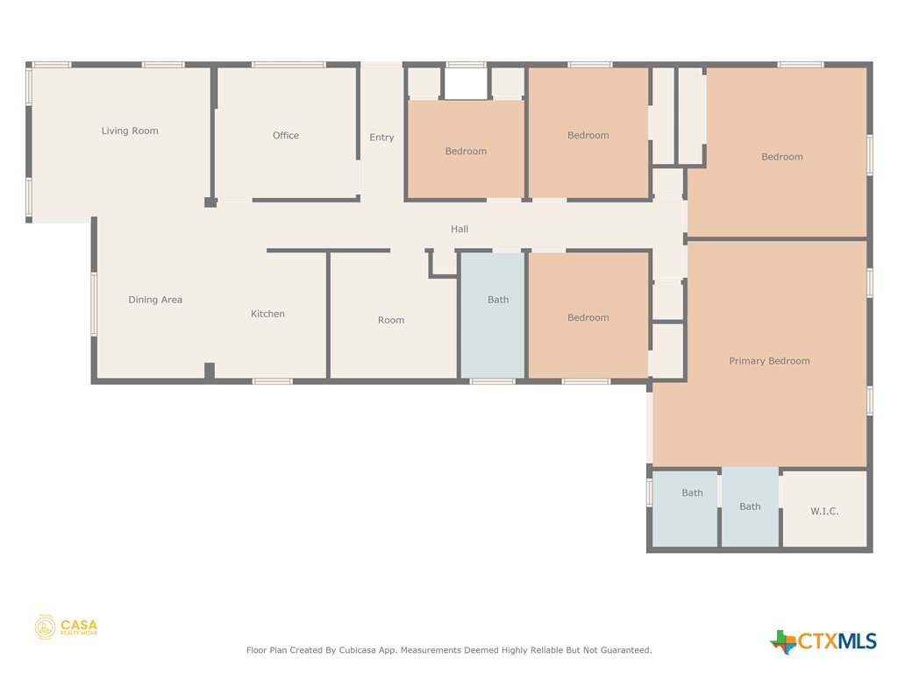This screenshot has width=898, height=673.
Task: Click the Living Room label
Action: (130, 131)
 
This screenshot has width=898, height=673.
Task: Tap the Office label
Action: (286, 136)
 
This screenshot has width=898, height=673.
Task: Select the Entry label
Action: (382, 138)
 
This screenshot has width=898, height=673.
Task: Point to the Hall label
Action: (460, 229)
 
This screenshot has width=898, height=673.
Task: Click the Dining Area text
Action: (155, 300)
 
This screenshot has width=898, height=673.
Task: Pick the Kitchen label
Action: (267, 314)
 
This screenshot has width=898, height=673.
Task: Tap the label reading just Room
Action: (391, 320)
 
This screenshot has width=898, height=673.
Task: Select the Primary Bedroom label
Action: (769, 361)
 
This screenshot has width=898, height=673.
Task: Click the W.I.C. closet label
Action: (824, 511)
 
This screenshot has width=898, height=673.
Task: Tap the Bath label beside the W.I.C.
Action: (751, 507)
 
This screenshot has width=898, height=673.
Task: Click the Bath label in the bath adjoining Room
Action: (498, 300)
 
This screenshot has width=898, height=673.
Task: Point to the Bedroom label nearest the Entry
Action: (467, 151)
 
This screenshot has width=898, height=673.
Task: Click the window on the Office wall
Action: (289, 65)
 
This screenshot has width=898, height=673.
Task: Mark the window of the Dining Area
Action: (94, 304)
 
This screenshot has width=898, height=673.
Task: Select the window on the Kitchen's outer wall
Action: (273, 381)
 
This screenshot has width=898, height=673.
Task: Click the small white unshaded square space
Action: (467, 83)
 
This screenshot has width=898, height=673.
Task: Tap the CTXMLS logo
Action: (823, 641)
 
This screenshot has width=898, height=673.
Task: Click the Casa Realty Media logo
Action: (67, 627)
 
